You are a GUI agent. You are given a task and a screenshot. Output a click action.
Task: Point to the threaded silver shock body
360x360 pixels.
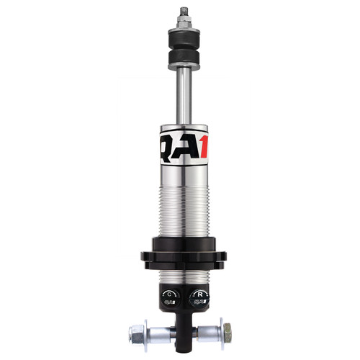click(180, 209)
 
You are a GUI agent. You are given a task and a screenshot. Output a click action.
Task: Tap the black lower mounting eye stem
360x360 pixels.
click(181, 324)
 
